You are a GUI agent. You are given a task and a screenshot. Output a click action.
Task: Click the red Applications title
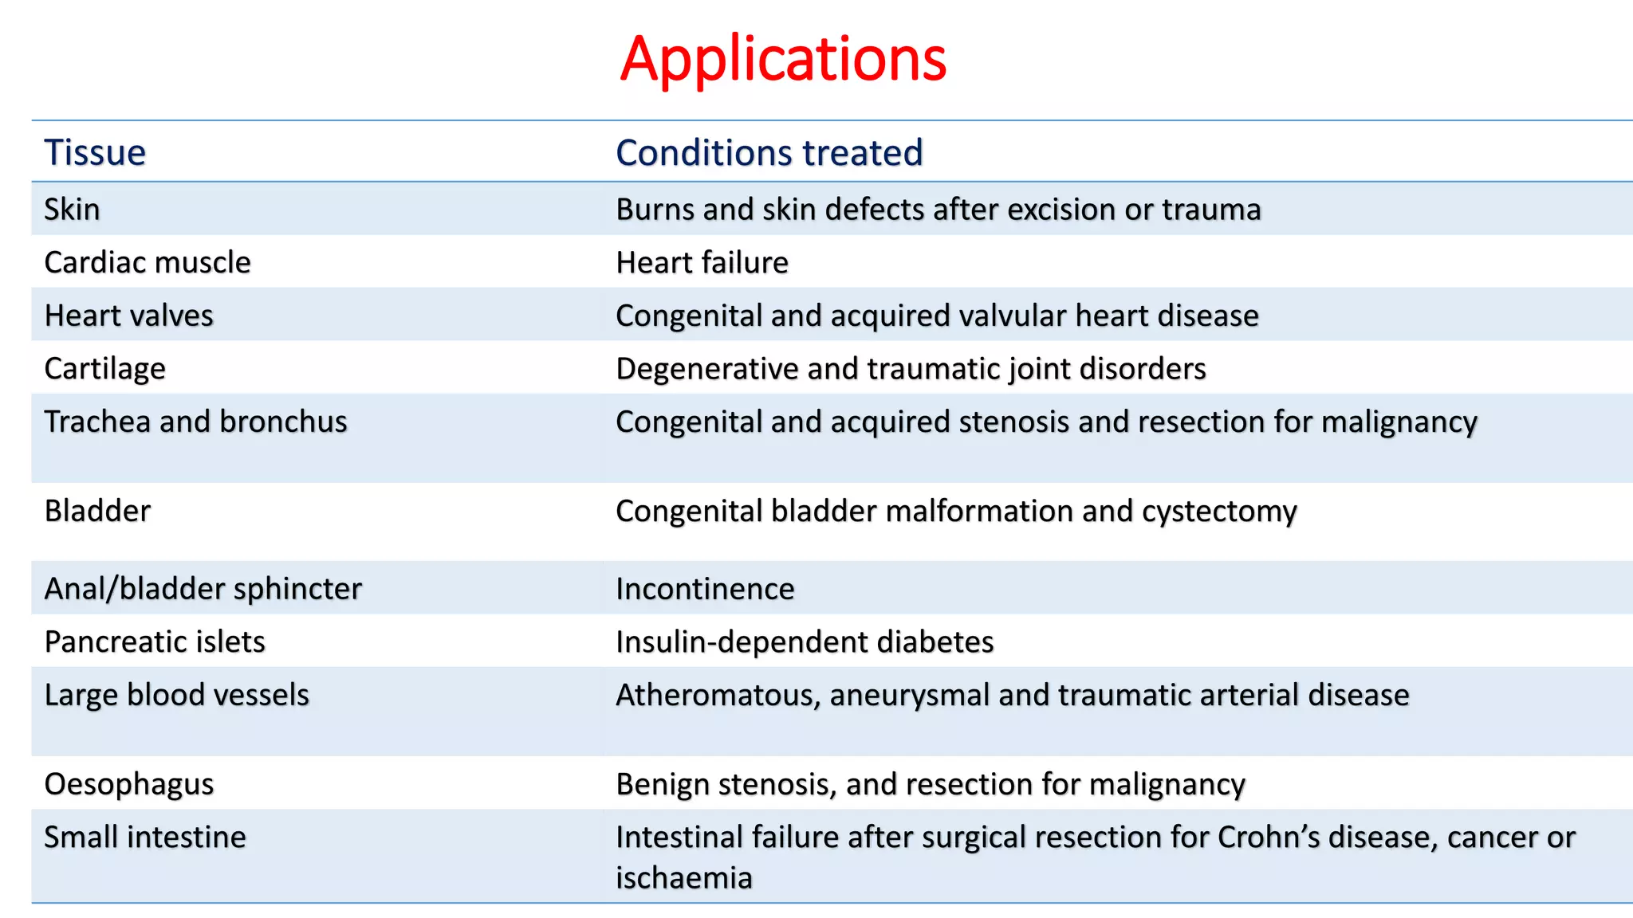coord(783,59)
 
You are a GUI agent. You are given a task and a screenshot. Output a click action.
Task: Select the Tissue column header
coord(95,152)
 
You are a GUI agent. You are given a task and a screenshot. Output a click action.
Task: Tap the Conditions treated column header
coord(769,152)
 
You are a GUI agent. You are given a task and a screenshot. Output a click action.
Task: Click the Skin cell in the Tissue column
coord(72,210)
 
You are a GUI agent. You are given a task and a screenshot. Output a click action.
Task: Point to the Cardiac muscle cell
coord(148,262)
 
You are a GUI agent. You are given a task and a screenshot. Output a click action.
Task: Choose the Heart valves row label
coord(128,316)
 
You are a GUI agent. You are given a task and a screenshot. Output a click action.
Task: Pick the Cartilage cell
coord(104,368)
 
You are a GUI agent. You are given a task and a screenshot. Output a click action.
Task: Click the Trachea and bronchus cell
coord(195,422)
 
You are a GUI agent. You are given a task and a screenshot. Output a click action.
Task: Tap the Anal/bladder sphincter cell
coord(203,589)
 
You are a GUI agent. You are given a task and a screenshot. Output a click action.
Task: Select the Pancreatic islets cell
coord(155,641)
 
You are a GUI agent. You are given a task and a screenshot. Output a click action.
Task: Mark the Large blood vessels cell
coord(176,695)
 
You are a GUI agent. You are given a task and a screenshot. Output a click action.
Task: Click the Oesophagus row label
coord(128,784)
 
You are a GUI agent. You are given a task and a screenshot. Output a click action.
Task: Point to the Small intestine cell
coord(144,838)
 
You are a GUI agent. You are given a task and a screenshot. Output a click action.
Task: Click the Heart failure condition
coord(702,262)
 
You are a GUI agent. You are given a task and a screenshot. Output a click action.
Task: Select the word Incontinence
coord(705,589)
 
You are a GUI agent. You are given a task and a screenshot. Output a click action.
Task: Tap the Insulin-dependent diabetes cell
coord(805,641)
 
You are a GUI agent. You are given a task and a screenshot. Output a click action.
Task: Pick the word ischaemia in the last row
coord(683,878)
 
